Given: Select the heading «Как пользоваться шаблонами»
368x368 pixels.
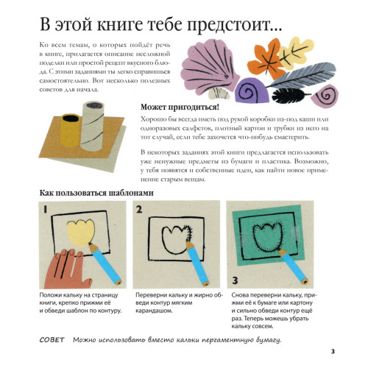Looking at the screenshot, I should (x=96, y=193).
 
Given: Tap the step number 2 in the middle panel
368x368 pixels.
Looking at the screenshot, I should (x=139, y=210).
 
